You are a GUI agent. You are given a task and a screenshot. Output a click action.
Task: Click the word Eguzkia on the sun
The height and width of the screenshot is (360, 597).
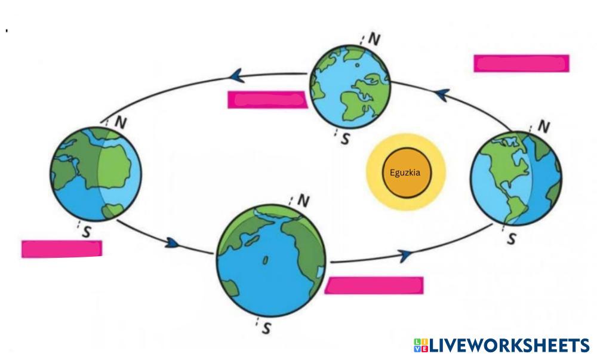pos(405,173)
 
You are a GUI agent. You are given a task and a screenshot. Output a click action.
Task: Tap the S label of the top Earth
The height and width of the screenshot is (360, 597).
pos(345,140)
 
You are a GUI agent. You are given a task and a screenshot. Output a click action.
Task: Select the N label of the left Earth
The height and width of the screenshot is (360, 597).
pos(120,122)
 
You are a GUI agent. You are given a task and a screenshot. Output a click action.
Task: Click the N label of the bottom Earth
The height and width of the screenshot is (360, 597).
pos(303,201)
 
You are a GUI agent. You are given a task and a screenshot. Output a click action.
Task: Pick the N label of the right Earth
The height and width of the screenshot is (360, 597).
pos(544,127)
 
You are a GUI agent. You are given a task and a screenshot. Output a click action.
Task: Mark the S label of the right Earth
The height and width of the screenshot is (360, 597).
pos(511,239)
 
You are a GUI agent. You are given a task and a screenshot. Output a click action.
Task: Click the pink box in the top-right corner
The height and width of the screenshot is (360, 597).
pos(521,63)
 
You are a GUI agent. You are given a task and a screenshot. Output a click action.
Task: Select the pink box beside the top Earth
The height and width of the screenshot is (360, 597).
pos(267,100)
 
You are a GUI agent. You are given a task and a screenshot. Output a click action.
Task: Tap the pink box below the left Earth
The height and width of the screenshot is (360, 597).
pos(61,248)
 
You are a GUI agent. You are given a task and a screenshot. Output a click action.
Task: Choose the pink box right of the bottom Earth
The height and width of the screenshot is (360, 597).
pos(376,285)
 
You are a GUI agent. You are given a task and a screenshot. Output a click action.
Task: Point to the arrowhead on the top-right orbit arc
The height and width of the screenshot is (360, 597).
pos(441,94)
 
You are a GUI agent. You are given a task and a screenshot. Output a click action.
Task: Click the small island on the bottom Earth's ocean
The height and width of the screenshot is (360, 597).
pos(266,260)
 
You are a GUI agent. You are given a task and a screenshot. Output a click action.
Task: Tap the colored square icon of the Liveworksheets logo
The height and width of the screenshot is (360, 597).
pos(420,345)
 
